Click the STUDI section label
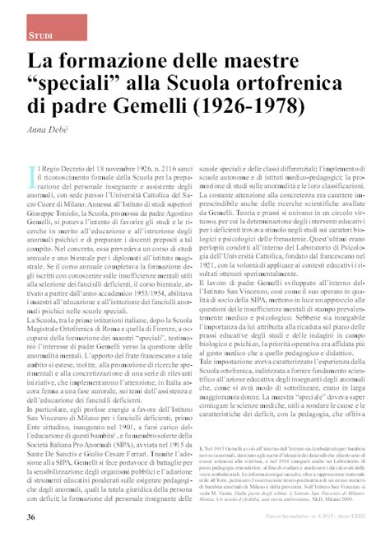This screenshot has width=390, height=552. [40, 36]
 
